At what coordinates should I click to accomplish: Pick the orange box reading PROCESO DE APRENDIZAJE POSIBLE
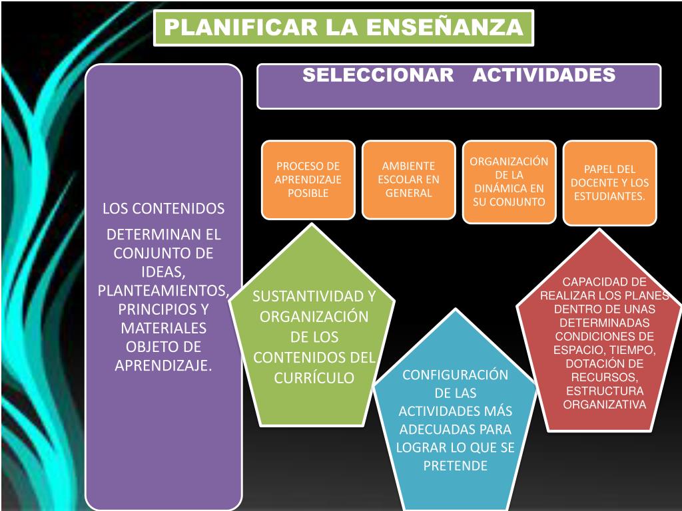[x=308, y=180]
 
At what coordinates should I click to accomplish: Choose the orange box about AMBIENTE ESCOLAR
[x=408, y=180]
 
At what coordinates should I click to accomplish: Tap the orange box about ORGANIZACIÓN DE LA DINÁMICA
[x=509, y=181]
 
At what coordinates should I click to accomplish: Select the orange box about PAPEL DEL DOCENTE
[x=609, y=182]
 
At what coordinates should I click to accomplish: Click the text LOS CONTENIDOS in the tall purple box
[x=163, y=208]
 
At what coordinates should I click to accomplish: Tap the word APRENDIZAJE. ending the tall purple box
[x=163, y=365]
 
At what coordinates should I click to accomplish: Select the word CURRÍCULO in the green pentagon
[x=314, y=377]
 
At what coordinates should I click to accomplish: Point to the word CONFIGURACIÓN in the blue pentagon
[x=455, y=375]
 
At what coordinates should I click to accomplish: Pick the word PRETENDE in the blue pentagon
[x=455, y=465]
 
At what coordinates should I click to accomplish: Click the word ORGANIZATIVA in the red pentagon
[x=605, y=404]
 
